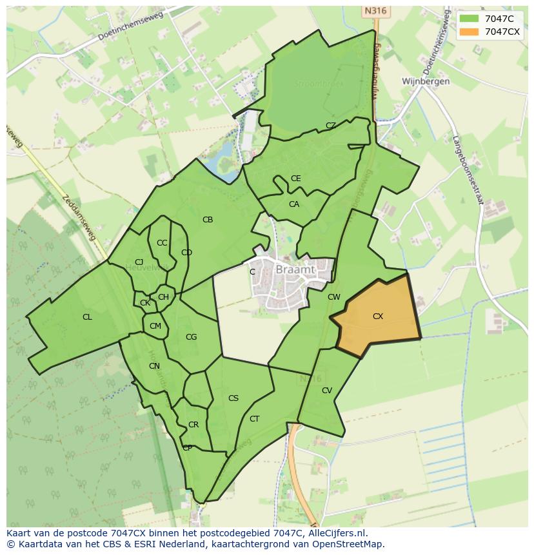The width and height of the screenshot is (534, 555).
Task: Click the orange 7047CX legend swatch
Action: click(470, 32)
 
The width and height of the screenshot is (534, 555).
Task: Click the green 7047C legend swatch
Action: click(470, 19)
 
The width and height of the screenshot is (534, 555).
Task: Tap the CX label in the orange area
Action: click(378, 316)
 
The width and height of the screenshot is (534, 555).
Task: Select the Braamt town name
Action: click(295, 270)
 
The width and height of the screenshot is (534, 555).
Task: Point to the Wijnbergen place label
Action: click(426, 82)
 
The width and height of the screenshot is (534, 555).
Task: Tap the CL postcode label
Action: click(87, 317)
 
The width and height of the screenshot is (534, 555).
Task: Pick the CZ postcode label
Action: click(331, 126)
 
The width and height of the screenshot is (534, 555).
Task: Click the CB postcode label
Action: click(208, 220)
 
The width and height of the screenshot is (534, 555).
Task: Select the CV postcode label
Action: click(327, 391)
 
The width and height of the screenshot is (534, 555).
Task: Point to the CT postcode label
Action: click(255, 419)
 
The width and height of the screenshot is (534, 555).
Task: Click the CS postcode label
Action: click(233, 398)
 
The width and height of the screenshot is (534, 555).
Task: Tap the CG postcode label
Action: click(192, 337)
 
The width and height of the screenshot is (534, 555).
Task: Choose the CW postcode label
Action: click(333, 297)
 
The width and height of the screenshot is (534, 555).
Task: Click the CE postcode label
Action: click(296, 179)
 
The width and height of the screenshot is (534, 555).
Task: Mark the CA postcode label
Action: click(294, 204)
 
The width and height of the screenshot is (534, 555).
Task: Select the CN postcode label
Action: click(154, 366)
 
